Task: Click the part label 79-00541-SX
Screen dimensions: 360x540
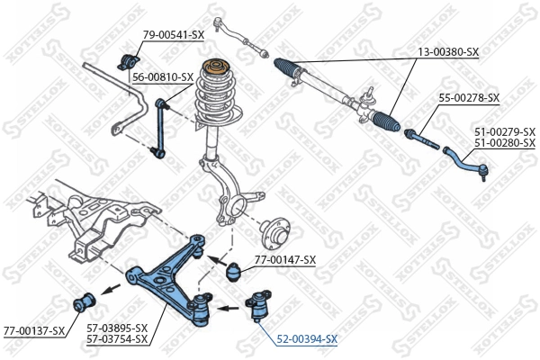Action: [174, 34]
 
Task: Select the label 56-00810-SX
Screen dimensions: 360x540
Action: [163, 77]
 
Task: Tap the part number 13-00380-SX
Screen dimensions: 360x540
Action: [448, 53]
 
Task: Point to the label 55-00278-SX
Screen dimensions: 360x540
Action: [469, 97]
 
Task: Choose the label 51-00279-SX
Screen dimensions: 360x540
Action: [504, 131]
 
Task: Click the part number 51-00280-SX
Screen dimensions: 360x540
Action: [504, 143]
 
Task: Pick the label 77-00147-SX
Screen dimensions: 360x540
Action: [285, 260]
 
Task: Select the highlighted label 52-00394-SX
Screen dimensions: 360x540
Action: [306, 339]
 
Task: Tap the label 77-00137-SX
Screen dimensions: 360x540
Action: [34, 330]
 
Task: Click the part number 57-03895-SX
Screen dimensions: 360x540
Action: [117, 328]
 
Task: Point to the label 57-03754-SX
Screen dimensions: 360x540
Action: [117, 339]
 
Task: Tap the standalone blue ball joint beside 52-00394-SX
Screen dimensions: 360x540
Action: [262, 305]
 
